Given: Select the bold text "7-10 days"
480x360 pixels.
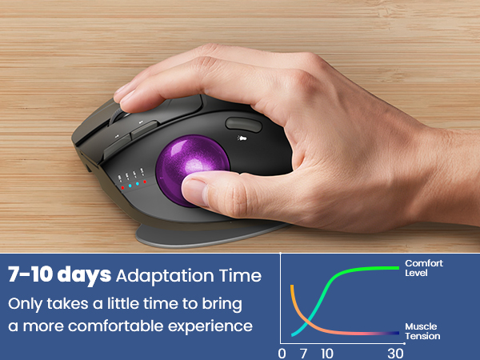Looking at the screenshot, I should tap(59, 276).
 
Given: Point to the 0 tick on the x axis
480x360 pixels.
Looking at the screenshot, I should tap(281, 353).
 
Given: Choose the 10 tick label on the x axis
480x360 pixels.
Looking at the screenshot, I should tap(326, 353).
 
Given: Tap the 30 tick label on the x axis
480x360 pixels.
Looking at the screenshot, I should tap(395, 353).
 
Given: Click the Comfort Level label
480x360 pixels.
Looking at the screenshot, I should tap(423, 268).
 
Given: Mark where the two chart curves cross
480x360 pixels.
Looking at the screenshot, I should tap(306, 320).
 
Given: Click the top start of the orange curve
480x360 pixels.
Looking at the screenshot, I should tap(292, 286).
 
